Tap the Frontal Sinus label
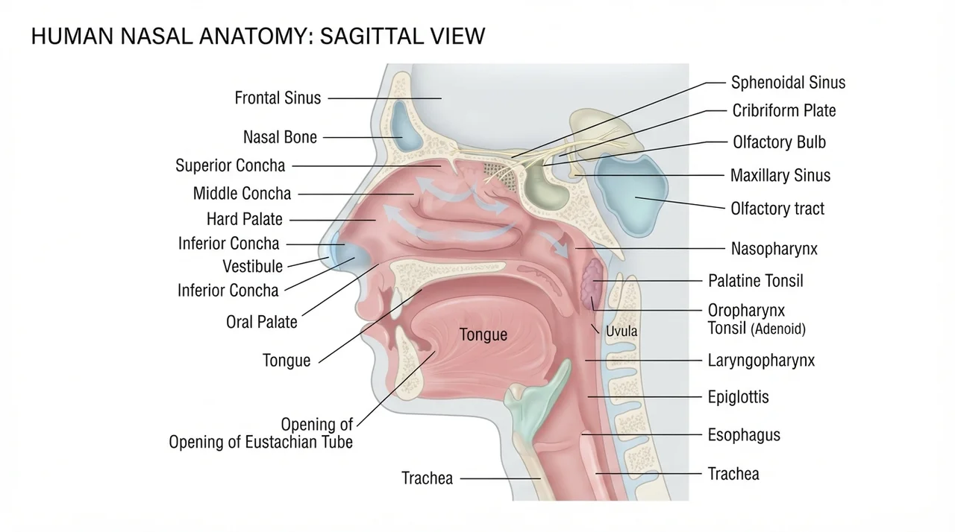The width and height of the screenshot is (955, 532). tap(278, 98)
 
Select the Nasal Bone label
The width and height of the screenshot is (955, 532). tap(280, 137)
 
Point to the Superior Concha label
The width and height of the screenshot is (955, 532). tap(231, 165)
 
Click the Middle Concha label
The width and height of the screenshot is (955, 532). tap(242, 194)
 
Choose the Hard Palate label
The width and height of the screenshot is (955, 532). tap(244, 220)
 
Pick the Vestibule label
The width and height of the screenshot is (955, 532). tap(253, 267)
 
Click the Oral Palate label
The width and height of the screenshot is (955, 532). tap(261, 322)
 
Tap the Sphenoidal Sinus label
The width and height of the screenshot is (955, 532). tap(788, 83)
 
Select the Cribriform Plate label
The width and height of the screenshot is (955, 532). tap(783, 111)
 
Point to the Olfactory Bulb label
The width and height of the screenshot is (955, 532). tap(779, 142)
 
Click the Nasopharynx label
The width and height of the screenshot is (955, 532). tap(774, 249)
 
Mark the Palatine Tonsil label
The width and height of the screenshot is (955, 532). tap(756, 281)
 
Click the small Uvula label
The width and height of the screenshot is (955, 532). tap(621, 331)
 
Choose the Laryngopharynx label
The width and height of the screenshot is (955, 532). tap(761, 361)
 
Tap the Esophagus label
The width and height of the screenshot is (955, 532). tap(744, 435)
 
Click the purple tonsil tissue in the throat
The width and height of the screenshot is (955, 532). tap(592, 283)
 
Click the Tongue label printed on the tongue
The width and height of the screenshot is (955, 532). tap(483, 335)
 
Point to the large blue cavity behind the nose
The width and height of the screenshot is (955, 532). tap(631, 196)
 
